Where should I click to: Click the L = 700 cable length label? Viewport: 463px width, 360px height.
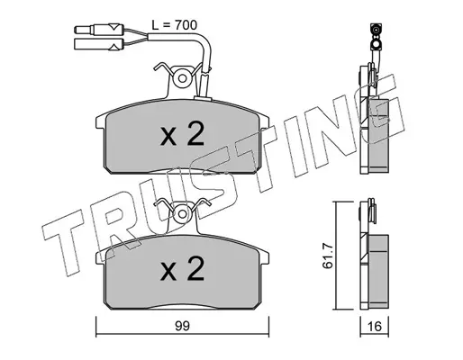pyautogui.click(x=175, y=25)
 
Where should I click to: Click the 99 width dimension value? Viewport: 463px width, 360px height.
pyautogui.click(x=182, y=326)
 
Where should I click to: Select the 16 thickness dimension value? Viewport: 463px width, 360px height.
pyautogui.click(x=375, y=327)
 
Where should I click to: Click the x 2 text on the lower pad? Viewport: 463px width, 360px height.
pyautogui.click(x=182, y=268)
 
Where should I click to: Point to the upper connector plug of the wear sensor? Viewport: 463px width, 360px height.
pyautogui.click(x=99, y=29)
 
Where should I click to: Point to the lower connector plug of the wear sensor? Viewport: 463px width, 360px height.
pyautogui.click(x=99, y=44)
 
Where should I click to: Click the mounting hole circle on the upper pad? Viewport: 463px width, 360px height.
pyautogui.click(x=182, y=78)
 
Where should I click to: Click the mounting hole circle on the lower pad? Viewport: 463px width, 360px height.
pyautogui.click(x=182, y=214)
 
